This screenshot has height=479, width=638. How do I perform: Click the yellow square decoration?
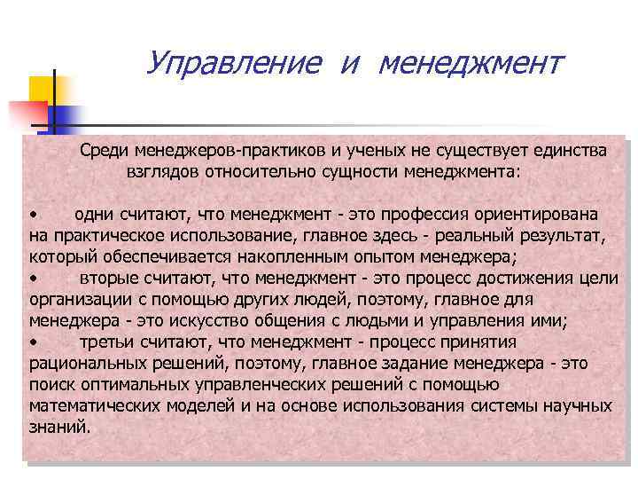(x=45, y=89)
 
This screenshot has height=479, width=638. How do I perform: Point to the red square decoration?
(x=27, y=114)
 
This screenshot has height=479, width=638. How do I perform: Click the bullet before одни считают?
(x=32, y=216)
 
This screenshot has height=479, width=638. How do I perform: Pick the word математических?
(x=94, y=406)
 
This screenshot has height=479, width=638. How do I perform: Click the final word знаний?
(x=58, y=428)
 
